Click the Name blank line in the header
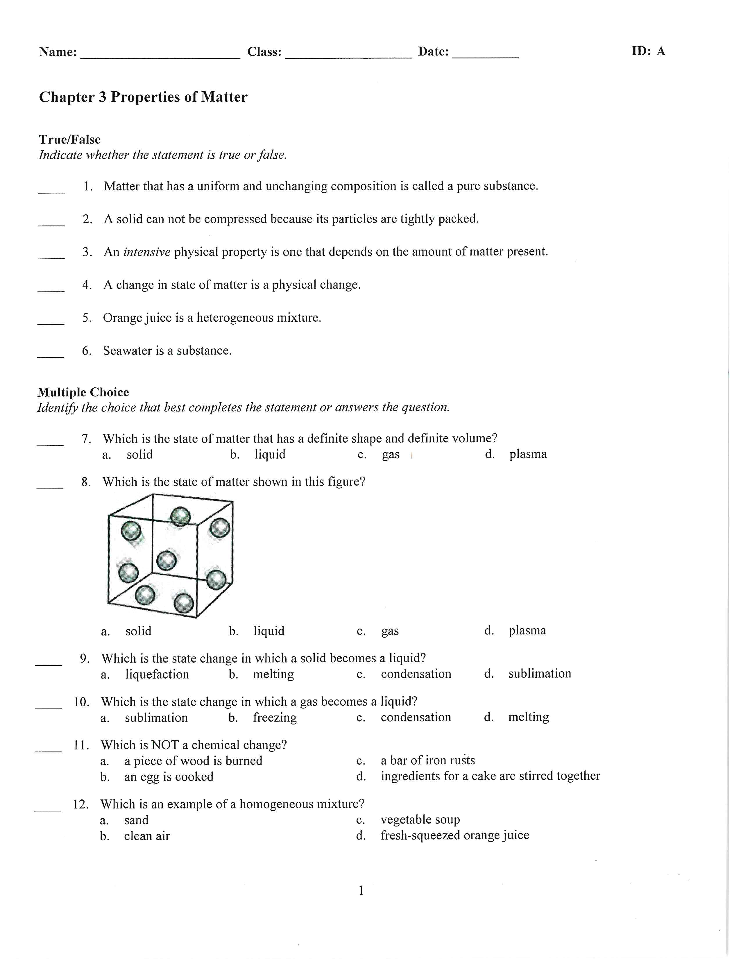[160, 56]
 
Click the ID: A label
[648, 51]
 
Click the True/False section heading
[69, 139]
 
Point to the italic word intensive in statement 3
[147, 252]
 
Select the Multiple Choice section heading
[83, 392]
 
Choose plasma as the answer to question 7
[528, 454]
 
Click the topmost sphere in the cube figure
[180, 517]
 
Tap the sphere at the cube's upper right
[219, 528]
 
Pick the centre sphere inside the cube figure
[167, 560]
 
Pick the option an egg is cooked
[169, 777]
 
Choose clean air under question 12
[147, 836]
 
